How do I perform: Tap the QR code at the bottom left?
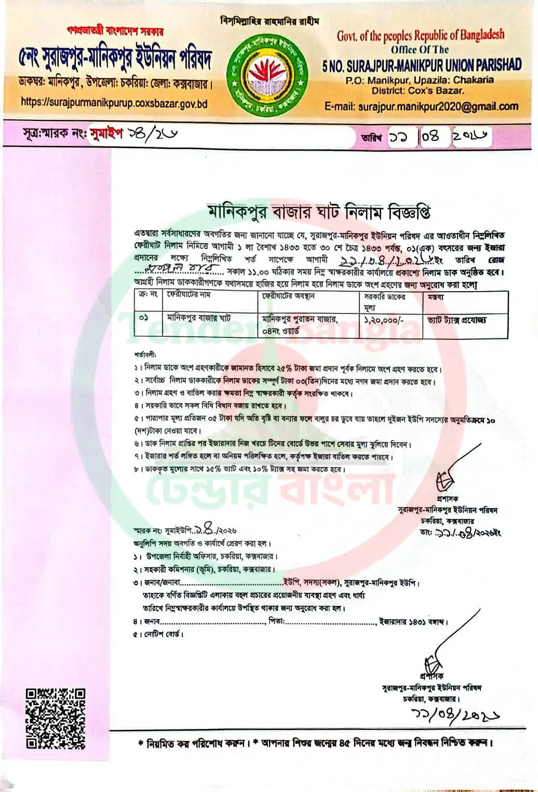(55, 718)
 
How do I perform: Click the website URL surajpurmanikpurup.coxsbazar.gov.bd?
(114, 103)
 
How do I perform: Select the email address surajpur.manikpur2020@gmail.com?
(421, 106)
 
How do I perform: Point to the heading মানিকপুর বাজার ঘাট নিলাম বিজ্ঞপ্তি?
(319, 212)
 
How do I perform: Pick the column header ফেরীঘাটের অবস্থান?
(288, 296)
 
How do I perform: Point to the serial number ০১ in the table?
(144, 318)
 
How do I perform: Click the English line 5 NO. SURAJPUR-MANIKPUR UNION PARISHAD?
(421, 65)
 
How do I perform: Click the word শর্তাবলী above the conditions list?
(145, 356)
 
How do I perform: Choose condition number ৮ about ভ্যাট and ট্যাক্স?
(239, 469)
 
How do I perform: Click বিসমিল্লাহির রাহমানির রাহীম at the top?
(270, 21)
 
